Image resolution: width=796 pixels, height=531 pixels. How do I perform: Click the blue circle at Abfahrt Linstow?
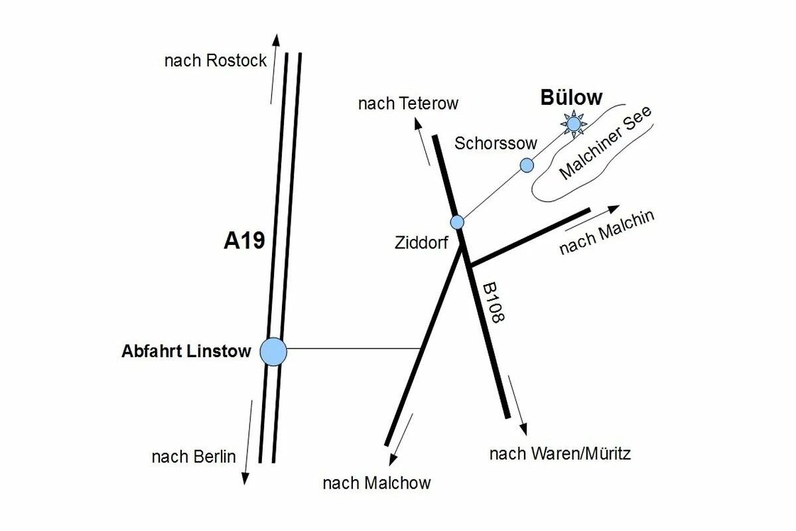click(273, 351)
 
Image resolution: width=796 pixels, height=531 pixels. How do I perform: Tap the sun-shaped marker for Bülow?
click(573, 124)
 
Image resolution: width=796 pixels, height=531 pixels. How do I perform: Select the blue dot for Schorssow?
click(527, 165)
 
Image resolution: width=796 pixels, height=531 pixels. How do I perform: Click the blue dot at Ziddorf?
click(457, 222)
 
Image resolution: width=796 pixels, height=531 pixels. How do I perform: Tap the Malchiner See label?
click(606, 143)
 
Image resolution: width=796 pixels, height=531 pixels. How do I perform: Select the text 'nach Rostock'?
click(216, 61)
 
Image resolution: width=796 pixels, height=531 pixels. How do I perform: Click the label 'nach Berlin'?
click(194, 457)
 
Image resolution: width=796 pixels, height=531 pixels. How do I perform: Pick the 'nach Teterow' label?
click(408, 104)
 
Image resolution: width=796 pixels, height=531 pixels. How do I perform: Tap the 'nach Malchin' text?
click(607, 233)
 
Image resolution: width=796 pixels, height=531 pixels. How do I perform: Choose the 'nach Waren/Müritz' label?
click(560, 454)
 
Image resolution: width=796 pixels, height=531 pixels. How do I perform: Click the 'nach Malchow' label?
click(376, 483)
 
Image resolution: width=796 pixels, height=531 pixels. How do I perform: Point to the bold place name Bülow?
click(571, 98)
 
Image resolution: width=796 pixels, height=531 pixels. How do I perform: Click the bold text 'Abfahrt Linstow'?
click(186, 351)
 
